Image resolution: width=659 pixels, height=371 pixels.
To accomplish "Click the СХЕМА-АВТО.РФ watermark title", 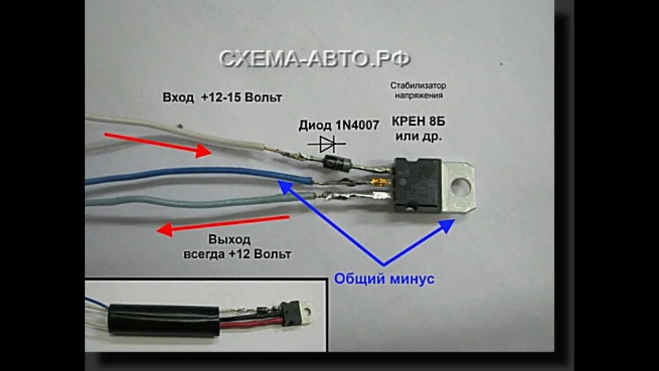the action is (315, 58).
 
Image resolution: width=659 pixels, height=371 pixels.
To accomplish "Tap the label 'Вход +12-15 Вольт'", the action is (222, 97).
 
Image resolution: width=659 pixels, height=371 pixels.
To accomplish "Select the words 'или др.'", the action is (419, 137).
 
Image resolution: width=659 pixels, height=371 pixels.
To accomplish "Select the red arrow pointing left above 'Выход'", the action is (223, 224).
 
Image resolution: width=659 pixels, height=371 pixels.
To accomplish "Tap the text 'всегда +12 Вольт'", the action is (238, 254).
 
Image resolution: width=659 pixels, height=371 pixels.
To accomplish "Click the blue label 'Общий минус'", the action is (384, 279).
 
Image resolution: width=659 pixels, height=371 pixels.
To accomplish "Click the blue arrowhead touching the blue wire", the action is (284, 185).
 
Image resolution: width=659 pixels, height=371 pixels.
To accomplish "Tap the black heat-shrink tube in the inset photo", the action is (162, 319).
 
